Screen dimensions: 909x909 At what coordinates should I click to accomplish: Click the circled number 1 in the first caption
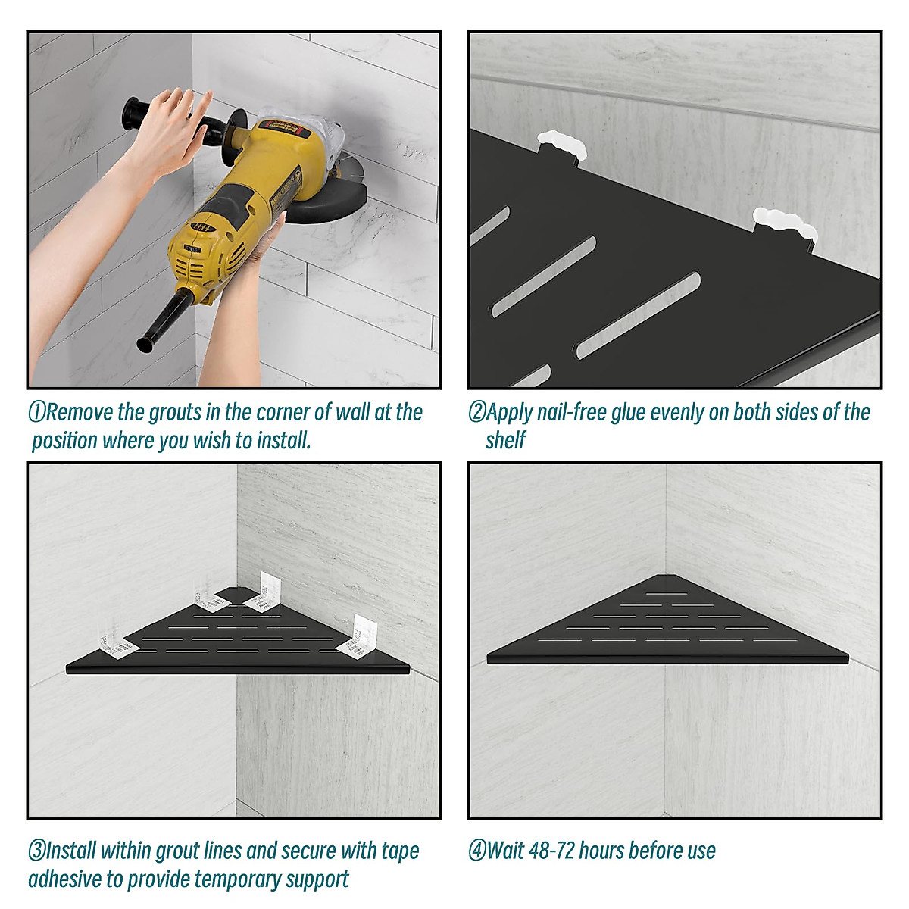37,413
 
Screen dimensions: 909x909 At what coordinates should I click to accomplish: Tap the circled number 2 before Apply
476,413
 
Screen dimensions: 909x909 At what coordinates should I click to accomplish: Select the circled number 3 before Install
37,851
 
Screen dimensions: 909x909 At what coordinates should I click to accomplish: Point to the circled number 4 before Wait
476,851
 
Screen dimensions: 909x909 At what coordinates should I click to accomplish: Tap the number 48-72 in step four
551,851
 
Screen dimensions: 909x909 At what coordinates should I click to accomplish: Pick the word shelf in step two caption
505,440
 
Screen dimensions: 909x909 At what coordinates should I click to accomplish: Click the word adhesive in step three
65,879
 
